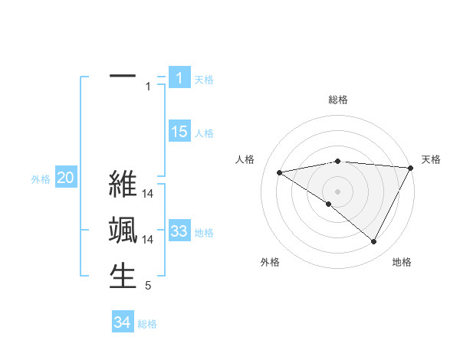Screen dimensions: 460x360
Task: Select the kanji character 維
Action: pyautogui.click(x=123, y=185)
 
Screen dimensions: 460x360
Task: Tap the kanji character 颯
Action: pyautogui.click(x=123, y=231)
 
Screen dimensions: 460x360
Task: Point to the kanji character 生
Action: pyautogui.click(x=123, y=276)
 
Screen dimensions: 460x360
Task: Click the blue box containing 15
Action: pyautogui.click(x=179, y=132)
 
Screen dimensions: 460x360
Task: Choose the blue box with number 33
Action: pyautogui.click(x=179, y=231)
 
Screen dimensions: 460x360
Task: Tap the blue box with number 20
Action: pyautogui.click(x=65, y=178)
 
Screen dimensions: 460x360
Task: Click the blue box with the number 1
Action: pyautogui.click(x=179, y=77)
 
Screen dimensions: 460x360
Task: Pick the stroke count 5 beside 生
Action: pyautogui.click(x=148, y=286)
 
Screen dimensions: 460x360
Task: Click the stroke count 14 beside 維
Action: pyautogui.click(x=148, y=195)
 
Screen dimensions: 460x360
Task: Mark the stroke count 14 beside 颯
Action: pyautogui.click(x=148, y=240)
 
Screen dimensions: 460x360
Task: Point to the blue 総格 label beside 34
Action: pyautogui.click(x=147, y=323)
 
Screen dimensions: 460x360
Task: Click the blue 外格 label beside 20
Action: pyautogui.click(x=41, y=179)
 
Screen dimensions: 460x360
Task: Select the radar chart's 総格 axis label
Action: pyautogui.click(x=337, y=100)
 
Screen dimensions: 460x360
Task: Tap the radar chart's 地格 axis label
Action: pyautogui.click(x=402, y=262)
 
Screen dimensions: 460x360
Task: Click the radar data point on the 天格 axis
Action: pyautogui.click(x=411, y=168)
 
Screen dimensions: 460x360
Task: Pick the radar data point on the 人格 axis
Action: pyautogui.click(x=279, y=172)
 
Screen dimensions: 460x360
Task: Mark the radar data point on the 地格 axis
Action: pyautogui.click(x=374, y=242)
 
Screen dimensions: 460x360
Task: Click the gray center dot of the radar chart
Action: pyautogui.click(x=337, y=191)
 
